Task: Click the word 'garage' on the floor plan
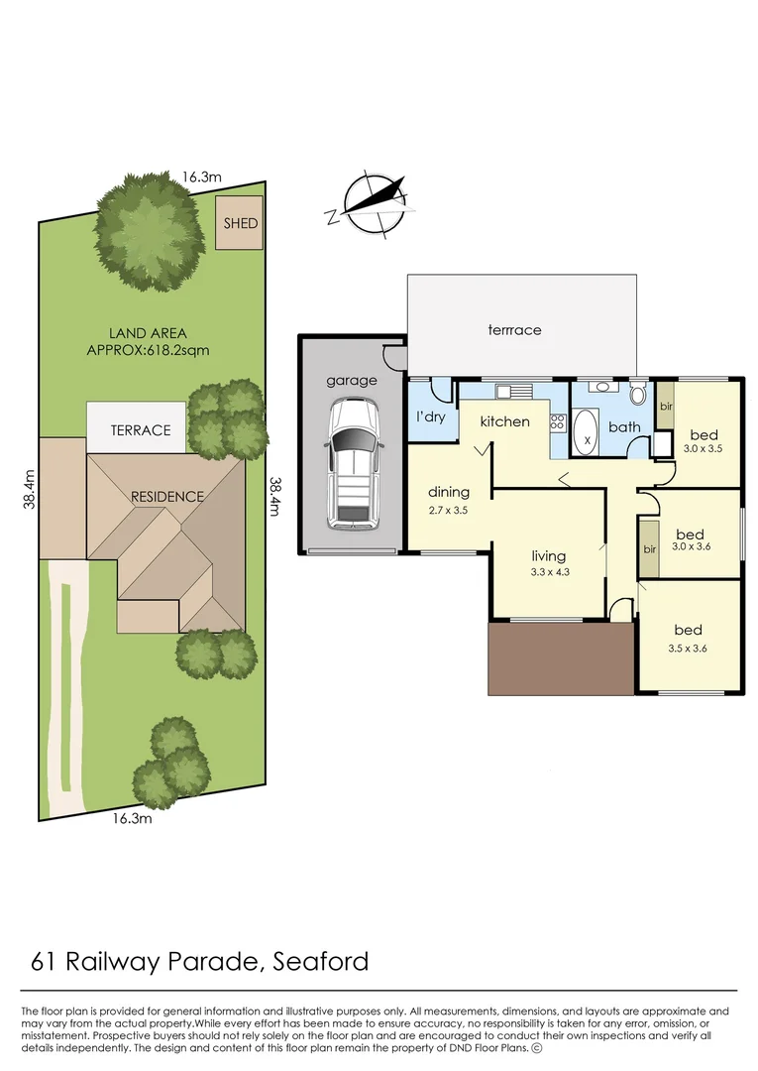click(x=352, y=380)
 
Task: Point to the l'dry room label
click(x=431, y=416)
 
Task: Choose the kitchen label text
click(x=504, y=421)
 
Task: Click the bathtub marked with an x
click(x=588, y=434)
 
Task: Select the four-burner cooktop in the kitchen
click(x=558, y=426)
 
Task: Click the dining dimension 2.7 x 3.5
click(x=447, y=510)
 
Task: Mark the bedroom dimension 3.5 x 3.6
click(x=688, y=649)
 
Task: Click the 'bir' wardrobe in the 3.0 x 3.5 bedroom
click(x=666, y=408)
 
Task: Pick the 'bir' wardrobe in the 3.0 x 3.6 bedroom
click(x=650, y=547)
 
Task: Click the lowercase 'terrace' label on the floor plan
click(x=514, y=329)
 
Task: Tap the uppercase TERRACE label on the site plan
click(x=140, y=430)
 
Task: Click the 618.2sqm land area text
click(x=150, y=350)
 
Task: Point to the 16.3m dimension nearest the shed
click(x=200, y=177)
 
